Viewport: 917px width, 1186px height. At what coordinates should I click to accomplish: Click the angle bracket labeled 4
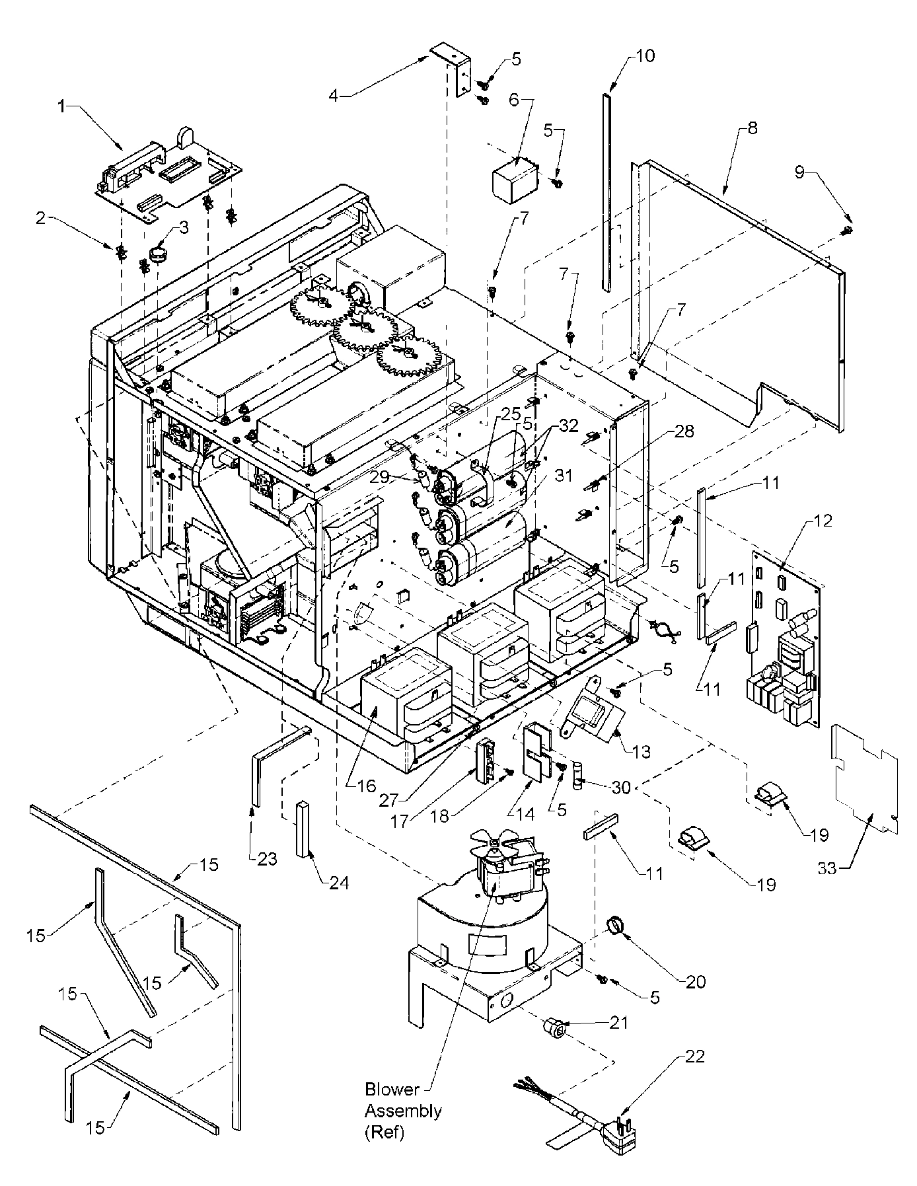click(x=456, y=69)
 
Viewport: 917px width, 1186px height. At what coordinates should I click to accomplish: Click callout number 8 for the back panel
click(x=752, y=130)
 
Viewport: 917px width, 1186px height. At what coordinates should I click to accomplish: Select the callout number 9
click(x=800, y=173)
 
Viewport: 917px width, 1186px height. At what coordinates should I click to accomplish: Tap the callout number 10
click(x=644, y=56)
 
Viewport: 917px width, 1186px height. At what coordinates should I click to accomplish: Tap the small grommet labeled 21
click(x=554, y=1029)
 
